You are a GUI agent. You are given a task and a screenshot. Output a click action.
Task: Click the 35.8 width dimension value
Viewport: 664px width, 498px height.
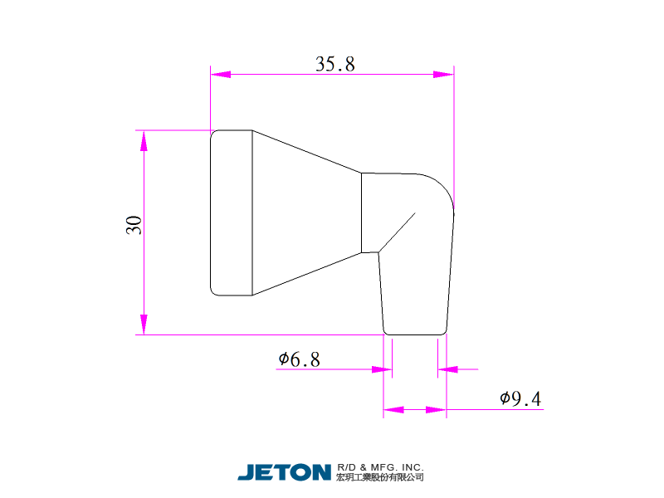pos(335,64)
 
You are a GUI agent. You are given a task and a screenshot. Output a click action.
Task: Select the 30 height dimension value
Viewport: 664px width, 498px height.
pos(134,225)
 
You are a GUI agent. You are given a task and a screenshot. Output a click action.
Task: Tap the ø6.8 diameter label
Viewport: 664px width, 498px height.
pos(299,359)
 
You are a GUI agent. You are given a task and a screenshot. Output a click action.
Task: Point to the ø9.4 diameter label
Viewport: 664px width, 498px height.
pos(520,398)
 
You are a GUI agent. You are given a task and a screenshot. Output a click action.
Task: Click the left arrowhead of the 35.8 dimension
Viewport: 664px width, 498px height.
pos(221,75)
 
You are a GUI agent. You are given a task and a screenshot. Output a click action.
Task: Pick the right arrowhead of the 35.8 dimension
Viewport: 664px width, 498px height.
pos(443,75)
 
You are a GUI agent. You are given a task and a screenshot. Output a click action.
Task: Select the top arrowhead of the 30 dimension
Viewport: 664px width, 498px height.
pos(144,140)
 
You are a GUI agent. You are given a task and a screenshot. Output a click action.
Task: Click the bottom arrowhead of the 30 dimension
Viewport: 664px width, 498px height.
pos(144,325)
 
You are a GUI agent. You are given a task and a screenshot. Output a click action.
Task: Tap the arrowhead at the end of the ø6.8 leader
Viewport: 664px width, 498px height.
pos(382,369)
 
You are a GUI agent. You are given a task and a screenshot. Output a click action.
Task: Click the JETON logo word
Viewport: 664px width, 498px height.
pos(284,472)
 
